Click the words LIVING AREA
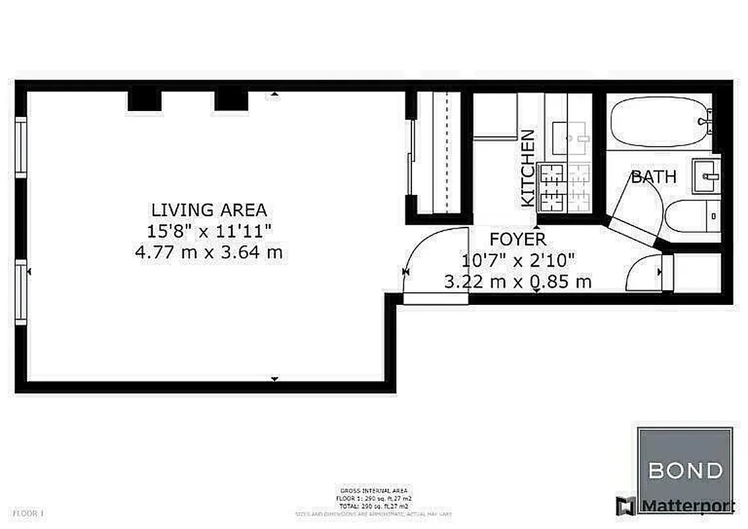[x=209, y=210]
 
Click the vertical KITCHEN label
[x=528, y=168]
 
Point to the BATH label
[x=653, y=177]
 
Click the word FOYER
[x=518, y=239]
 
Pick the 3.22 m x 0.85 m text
[x=518, y=282]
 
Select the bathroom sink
[x=706, y=175]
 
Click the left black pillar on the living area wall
[x=144, y=101]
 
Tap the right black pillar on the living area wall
[x=231, y=101]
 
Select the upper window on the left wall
[x=21, y=146]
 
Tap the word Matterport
[x=687, y=507]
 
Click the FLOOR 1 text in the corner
[x=28, y=512]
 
